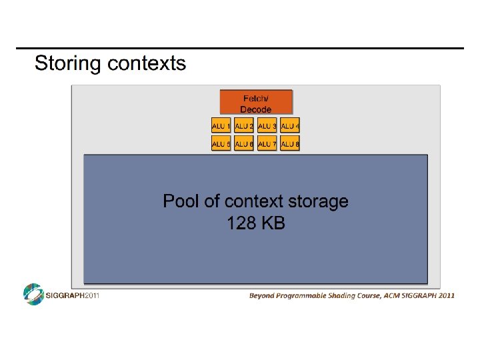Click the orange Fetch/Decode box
[x=256, y=102]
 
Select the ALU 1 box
[x=221, y=126]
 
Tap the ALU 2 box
[x=244, y=126]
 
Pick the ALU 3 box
[x=267, y=126]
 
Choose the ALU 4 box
[x=290, y=126]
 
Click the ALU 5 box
[x=221, y=143]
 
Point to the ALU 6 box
[x=244, y=143]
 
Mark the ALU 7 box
[x=267, y=143]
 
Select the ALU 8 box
[x=290, y=143]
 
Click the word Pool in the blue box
[x=179, y=201]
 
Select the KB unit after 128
[x=273, y=223]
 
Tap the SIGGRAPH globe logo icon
[x=33, y=294]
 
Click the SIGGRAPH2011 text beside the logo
[x=71, y=295]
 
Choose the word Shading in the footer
[x=347, y=295]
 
